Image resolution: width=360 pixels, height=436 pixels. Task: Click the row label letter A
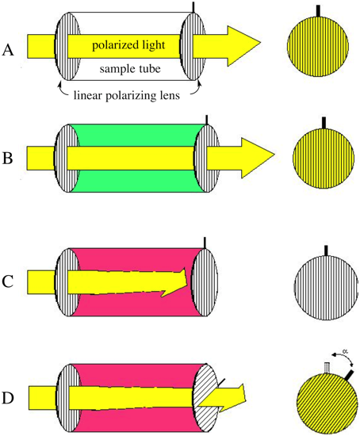(8, 51)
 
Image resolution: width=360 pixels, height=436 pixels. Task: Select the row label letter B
(7, 159)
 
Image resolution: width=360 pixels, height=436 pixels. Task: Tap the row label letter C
(7, 281)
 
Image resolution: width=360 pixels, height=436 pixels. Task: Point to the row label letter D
(8, 398)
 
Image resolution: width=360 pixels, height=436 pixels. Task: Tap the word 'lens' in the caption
(170, 96)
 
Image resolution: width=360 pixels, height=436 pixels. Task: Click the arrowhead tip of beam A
(260, 43)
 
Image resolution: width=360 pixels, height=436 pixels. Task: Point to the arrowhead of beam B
(258, 155)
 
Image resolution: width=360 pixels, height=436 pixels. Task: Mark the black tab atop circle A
(318, 10)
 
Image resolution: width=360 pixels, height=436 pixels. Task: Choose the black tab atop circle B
(324, 123)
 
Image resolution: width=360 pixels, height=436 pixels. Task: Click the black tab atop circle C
(326, 251)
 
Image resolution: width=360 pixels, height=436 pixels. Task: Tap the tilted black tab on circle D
(349, 375)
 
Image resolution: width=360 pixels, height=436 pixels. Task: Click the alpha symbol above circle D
(345, 351)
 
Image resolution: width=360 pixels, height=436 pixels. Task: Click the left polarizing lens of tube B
(67, 159)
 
